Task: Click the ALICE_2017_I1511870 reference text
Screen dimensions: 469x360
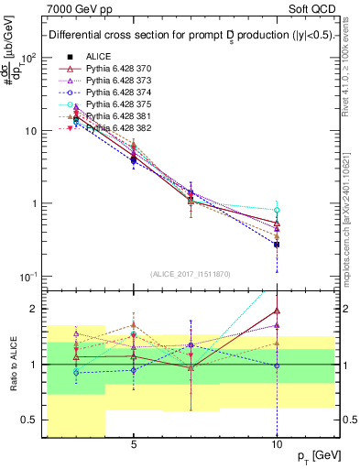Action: pos(191,274)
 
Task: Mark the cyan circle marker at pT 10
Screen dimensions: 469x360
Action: pos(277,211)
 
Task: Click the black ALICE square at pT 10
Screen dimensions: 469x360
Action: pos(277,245)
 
